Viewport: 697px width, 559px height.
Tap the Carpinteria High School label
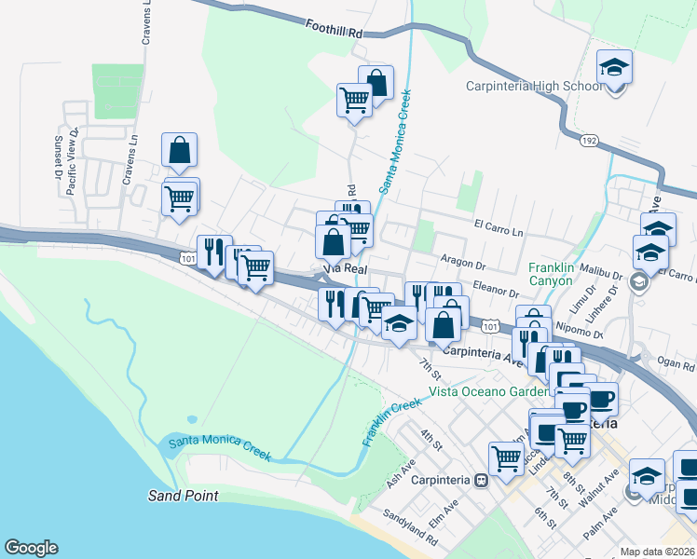(535, 87)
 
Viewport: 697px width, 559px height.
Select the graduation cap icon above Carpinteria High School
(615, 68)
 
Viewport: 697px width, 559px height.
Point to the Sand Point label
(183, 496)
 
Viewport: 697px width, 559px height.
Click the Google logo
(31, 548)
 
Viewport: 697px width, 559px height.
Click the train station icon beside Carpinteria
(482, 481)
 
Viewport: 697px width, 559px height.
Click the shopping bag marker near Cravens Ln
(179, 150)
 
